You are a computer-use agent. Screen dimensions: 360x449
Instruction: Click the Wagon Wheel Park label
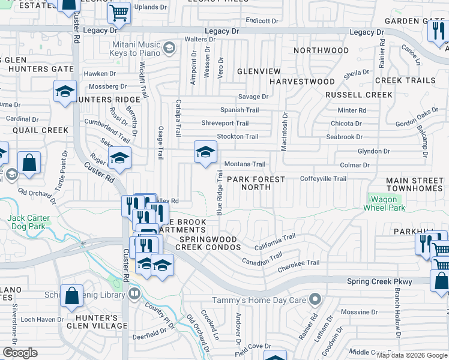tap(384, 203)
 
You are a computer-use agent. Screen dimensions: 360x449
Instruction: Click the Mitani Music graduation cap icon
tap(169, 47)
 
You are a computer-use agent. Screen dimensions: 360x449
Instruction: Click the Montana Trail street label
tap(244, 164)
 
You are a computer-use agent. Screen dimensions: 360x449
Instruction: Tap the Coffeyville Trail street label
tap(323, 179)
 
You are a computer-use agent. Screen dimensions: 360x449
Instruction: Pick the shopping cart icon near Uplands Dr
tap(119, 12)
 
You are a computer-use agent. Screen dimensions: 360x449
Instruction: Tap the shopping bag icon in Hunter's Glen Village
tap(71, 295)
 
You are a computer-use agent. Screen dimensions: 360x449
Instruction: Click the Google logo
tap(20, 353)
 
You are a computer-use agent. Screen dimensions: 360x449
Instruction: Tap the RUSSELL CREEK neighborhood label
tap(351, 95)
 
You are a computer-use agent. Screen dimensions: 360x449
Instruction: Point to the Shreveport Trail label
tap(224, 124)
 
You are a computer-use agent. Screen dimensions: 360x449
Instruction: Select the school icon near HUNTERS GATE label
tap(65, 91)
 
